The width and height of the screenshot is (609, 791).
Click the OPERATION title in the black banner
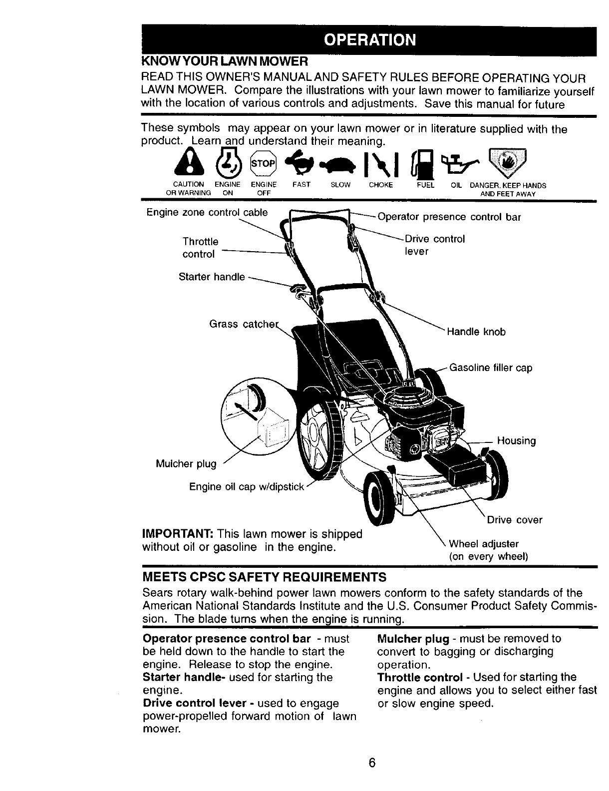[x=369, y=40]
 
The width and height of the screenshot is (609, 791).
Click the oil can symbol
[x=460, y=160]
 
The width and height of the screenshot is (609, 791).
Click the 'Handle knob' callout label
[x=476, y=332]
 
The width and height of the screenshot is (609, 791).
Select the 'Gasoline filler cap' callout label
[x=491, y=368]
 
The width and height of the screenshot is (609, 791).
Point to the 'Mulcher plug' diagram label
[x=186, y=464]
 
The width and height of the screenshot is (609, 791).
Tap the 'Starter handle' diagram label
[x=212, y=277]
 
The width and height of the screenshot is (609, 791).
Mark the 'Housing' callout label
[x=517, y=441]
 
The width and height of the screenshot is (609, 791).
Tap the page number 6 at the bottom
[x=371, y=764]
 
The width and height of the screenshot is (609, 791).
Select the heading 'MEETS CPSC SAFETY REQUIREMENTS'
[x=265, y=578]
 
